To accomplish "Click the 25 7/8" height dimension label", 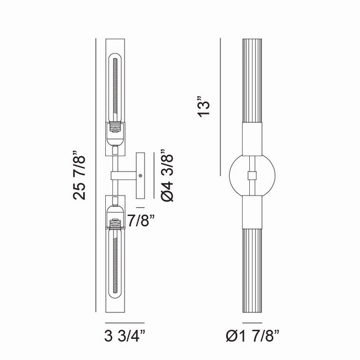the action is point(79,175).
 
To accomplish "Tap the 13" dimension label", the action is point(204,106).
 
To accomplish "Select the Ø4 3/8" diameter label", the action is point(167,176).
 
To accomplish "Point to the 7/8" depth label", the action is point(141,220).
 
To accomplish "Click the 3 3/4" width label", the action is point(125,336).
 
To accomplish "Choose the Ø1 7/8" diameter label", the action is point(253,336).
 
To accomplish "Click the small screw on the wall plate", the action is point(141,176).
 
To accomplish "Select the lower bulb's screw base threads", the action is point(115,224).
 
